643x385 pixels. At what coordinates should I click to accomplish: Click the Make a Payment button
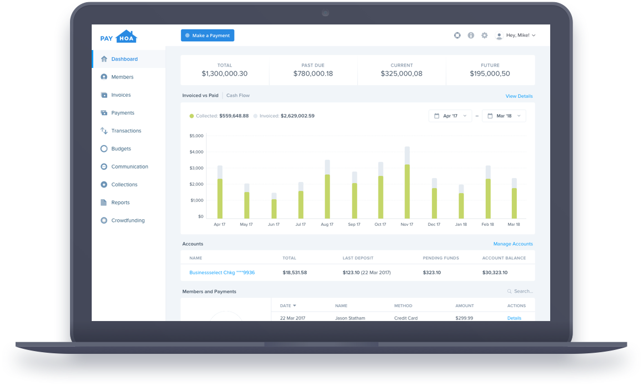[207, 36]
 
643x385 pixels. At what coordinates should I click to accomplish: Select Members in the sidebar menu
[122, 77]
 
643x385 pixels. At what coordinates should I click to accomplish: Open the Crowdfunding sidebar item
[128, 220]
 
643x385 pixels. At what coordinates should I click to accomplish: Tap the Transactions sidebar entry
[126, 131]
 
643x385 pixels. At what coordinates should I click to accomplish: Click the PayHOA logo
[118, 37]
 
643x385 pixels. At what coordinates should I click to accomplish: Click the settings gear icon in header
[485, 36]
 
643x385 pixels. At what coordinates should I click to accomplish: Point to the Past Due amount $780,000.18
[313, 73]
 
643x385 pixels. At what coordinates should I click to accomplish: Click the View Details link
[519, 96]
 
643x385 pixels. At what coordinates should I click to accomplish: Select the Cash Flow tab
[238, 96]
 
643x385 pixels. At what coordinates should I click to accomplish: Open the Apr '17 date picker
[450, 116]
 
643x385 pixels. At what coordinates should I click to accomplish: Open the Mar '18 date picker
[504, 116]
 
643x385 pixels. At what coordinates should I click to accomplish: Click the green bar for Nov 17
[407, 191]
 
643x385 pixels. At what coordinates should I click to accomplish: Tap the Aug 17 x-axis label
[327, 225]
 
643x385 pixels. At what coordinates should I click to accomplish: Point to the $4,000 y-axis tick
[197, 152]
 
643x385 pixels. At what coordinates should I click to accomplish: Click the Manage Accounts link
[513, 244]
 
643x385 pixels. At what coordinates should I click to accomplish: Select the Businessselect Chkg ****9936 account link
[222, 273]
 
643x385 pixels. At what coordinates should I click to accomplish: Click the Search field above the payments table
[522, 291]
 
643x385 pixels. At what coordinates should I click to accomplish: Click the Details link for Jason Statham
[514, 318]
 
